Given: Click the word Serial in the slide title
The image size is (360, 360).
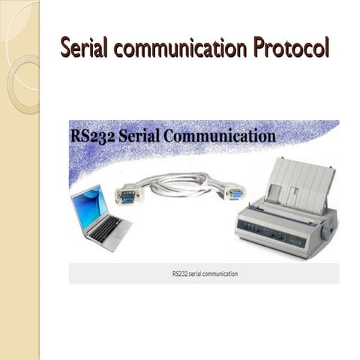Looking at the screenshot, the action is click(85, 47).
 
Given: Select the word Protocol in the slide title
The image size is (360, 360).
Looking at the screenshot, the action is click(291, 47).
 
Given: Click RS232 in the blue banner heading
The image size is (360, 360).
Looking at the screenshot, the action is click(93, 136).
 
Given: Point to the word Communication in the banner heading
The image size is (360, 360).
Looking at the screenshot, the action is click(220, 136).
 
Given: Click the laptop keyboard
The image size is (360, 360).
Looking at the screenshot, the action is click(106, 227).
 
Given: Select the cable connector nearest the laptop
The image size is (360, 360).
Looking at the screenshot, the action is click(127, 195).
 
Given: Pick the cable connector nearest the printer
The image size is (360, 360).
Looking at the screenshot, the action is click(235, 193).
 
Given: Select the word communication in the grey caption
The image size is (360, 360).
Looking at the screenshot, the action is click(220, 274).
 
